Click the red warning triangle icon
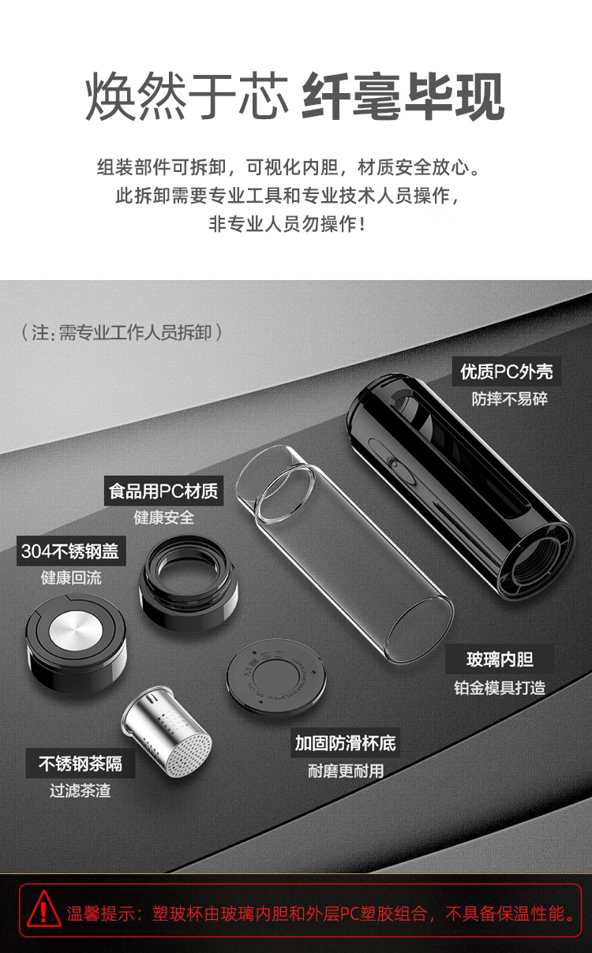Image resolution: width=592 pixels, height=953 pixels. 44,910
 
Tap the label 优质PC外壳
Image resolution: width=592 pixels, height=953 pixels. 507,372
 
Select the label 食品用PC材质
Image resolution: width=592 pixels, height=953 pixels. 164,491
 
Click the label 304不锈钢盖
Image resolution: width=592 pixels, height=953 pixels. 71,551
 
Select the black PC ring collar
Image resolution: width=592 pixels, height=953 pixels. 188,582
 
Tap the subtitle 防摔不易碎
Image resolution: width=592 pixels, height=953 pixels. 509,399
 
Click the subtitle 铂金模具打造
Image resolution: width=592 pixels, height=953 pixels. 500,688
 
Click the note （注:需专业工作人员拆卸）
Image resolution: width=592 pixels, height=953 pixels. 122,332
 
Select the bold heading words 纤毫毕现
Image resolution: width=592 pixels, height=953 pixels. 403,96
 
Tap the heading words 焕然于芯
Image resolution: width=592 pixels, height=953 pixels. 187,96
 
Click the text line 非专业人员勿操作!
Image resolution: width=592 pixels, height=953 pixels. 287,224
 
